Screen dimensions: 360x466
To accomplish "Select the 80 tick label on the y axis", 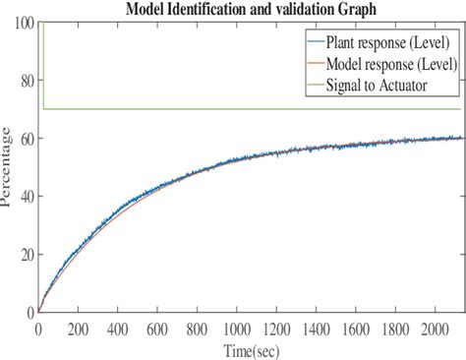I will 23,80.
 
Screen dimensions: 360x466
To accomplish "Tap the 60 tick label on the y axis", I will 23,138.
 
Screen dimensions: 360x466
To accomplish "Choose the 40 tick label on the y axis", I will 23,196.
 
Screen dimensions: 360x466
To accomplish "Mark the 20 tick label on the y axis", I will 23,254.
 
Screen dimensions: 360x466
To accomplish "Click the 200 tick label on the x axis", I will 77,328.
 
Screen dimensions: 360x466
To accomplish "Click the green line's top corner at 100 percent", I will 44,22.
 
